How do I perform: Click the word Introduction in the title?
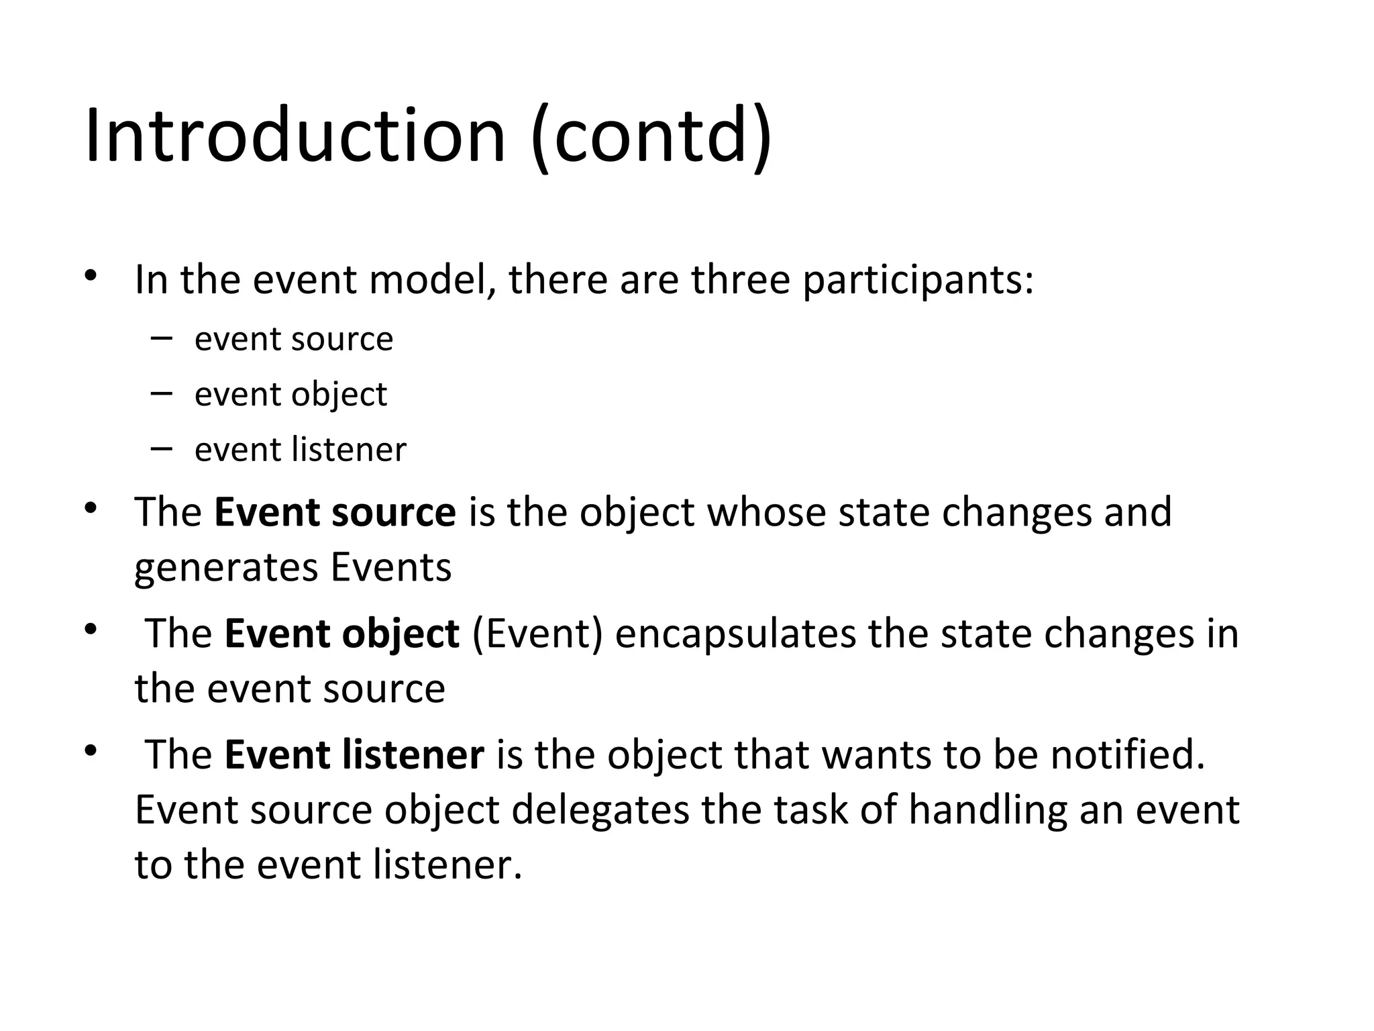click(x=295, y=136)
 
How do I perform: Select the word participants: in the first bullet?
click(x=918, y=281)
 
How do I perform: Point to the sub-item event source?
click(x=293, y=339)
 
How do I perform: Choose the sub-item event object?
click(x=290, y=395)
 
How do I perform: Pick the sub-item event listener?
click(x=300, y=450)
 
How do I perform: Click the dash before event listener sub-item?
click(x=162, y=448)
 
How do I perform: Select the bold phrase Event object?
click(x=341, y=634)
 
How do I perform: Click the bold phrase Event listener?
click(x=354, y=754)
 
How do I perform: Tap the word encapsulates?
click(x=735, y=635)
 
